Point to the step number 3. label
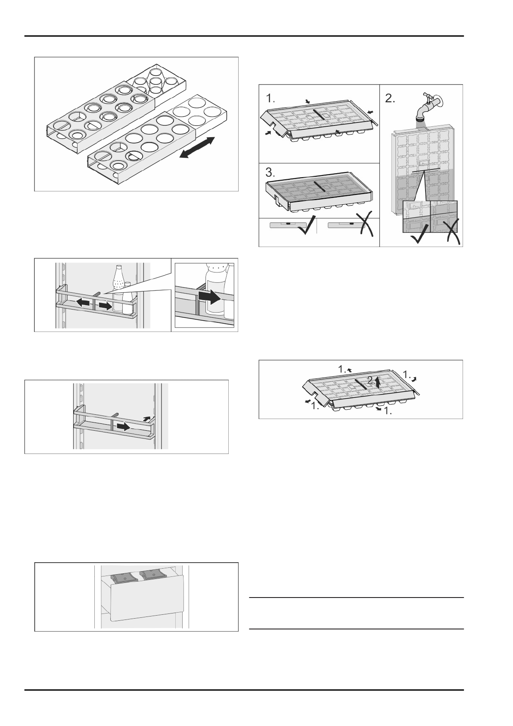pyautogui.click(x=270, y=173)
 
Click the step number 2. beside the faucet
pyautogui.click(x=390, y=98)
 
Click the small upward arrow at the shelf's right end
pyautogui.click(x=147, y=418)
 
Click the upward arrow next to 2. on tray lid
pyautogui.click(x=378, y=382)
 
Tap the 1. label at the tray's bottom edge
pyautogui.click(x=387, y=411)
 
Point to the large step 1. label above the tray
pyautogui.click(x=271, y=98)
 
